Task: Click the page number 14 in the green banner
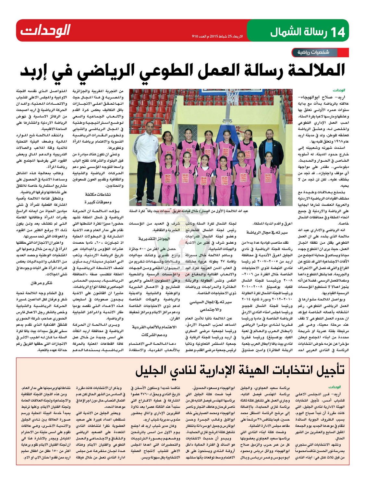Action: coord(337,32)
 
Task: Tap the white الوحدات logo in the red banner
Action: coord(45,30)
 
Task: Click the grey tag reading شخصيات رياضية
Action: coord(313,52)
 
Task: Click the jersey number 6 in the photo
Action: coord(193,146)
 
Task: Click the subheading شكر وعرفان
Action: coord(42,283)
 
